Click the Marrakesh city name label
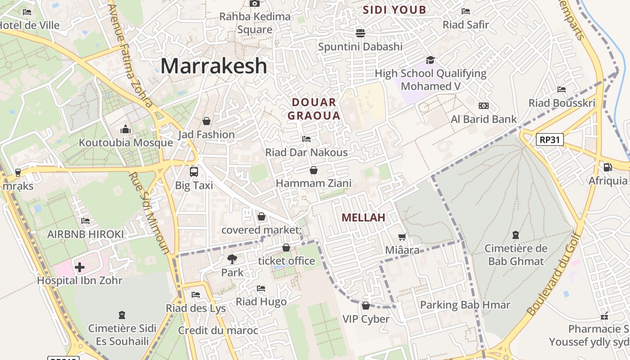[x=214, y=66]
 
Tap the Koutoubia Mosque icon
[x=126, y=130]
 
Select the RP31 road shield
[x=550, y=139]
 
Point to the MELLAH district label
[x=363, y=218]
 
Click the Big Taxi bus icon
[x=193, y=171]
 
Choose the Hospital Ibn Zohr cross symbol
[x=80, y=267]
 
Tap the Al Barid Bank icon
[x=484, y=106]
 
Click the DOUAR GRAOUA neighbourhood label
[x=314, y=109]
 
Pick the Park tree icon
[x=232, y=259]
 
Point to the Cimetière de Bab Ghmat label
[x=516, y=255]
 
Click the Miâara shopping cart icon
[x=402, y=237]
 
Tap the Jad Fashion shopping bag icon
[x=207, y=121]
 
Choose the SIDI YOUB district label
[x=394, y=10]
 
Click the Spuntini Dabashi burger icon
[x=360, y=33]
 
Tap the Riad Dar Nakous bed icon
[x=306, y=139]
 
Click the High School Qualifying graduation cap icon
[x=430, y=60]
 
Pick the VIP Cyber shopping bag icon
[x=365, y=306]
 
